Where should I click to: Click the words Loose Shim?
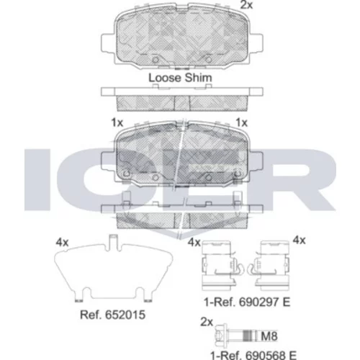[x=180, y=78]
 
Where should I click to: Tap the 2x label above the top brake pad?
[x=246, y=5]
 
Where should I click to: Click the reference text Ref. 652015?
[x=112, y=315]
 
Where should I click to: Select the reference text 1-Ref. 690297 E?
[x=247, y=302]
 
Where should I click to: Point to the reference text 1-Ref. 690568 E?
[x=253, y=355]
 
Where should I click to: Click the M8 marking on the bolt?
[x=269, y=336]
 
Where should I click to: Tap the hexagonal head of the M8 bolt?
[x=221, y=335]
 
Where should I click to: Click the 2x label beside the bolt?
[x=207, y=322]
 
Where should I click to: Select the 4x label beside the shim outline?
[x=62, y=243]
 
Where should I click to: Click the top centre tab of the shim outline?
[x=113, y=241]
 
